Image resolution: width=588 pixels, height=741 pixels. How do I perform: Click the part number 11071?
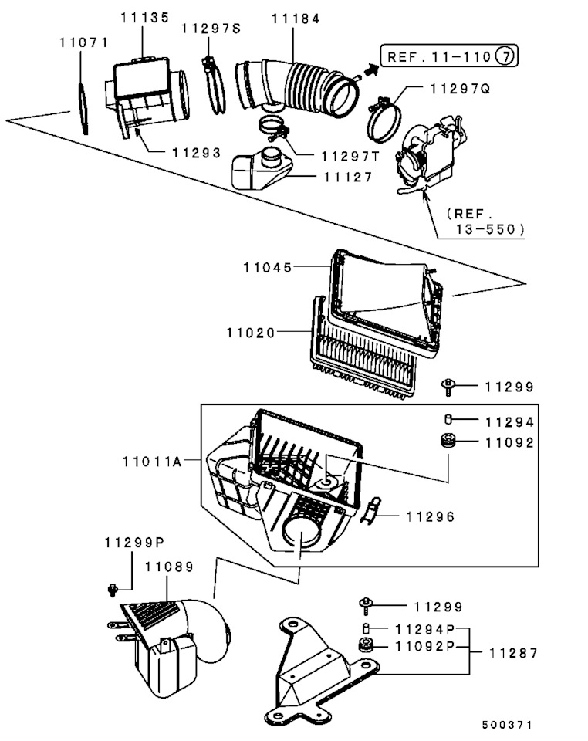(x=84, y=42)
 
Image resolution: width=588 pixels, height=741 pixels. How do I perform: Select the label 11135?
(x=145, y=18)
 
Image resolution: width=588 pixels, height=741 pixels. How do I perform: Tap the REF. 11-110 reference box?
(x=449, y=56)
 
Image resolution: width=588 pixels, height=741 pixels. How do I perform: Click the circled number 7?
(x=505, y=56)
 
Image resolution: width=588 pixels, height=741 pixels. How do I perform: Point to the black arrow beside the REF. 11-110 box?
(x=371, y=71)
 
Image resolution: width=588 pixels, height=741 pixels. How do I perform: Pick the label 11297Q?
(x=460, y=88)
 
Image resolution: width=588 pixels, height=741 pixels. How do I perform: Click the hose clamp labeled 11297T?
(x=273, y=128)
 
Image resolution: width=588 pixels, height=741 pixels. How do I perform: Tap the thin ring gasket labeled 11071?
(x=83, y=109)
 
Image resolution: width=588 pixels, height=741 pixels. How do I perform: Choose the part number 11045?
(x=268, y=268)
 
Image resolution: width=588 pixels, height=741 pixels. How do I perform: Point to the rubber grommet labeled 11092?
(x=448, y=441)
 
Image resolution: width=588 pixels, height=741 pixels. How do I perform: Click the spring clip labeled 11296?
(x=371, y=510)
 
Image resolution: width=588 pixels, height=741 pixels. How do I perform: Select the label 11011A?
(x=152, y=462)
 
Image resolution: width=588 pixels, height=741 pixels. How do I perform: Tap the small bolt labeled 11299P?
(x=113, y=590)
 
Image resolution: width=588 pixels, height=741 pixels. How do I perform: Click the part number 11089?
(x=169, y=567)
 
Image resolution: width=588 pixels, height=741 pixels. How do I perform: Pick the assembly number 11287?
(x=513, y=653)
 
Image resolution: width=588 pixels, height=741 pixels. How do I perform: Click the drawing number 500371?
(x=507, y=725)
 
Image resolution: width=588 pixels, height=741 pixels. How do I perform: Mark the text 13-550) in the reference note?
(x=490, y=230)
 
